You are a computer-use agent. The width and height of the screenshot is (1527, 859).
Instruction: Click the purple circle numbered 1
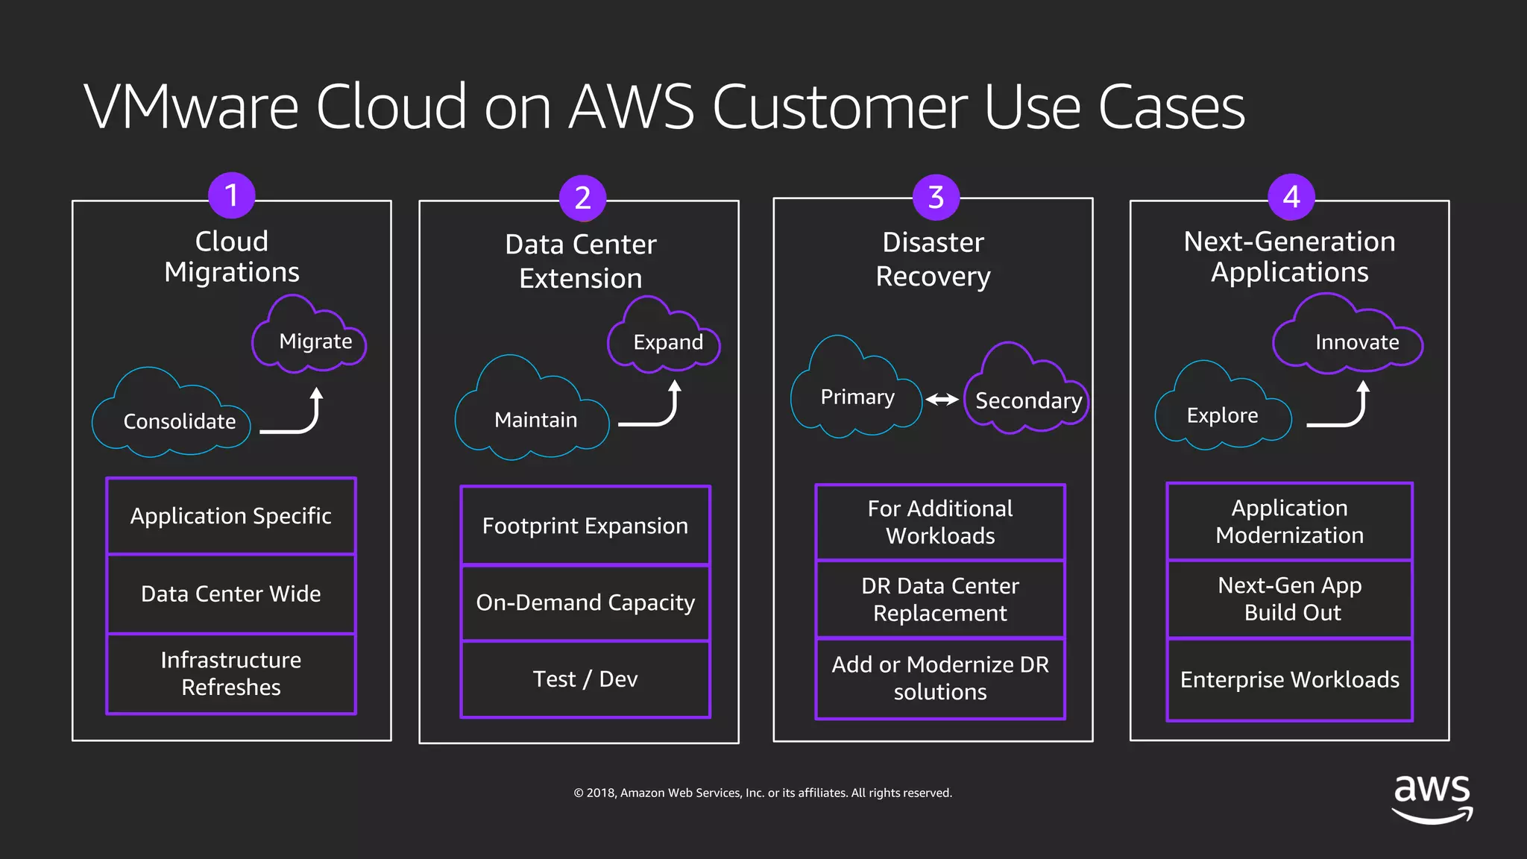[231, 195]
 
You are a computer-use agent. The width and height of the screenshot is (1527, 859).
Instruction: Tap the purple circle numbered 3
[936, 198]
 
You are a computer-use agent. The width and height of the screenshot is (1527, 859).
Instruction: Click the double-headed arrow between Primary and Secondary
[942, 400]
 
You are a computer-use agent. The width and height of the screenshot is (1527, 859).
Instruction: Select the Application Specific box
[231, 516]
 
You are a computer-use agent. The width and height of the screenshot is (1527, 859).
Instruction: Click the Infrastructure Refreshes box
[231, 673]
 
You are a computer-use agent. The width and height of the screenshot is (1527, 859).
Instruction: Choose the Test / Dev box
[585, 679]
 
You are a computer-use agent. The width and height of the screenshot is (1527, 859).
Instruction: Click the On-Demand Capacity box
[585, 602]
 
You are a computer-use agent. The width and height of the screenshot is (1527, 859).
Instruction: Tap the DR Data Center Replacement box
[940, 600]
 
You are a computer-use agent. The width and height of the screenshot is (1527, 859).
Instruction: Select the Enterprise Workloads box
[1289, 679]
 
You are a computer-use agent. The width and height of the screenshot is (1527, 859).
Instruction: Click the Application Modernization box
[1289, 521]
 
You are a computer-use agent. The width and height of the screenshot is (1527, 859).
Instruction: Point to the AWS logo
[1432, 798]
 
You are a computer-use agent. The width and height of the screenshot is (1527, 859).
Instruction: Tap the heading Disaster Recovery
[933, 259]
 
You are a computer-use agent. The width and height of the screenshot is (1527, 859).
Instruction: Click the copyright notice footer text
[763, 793]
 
